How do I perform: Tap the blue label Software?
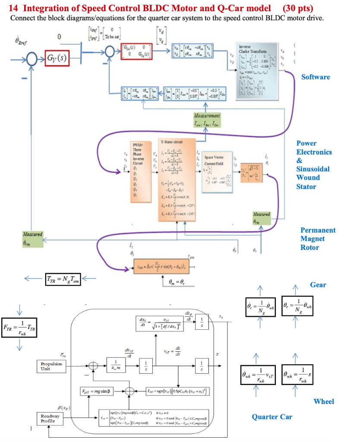pos(316,77)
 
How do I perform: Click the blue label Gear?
pos(318,285)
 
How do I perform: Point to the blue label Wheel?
pos(324,401)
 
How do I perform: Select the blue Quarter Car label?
pos(272,417)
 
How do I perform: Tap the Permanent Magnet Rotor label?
pos(318,239)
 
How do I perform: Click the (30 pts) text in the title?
pos(298,8)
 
